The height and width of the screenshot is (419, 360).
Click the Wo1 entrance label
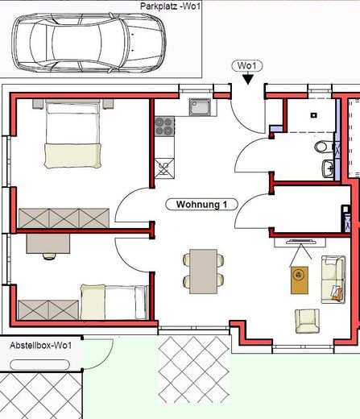pyautogui.click(x=246, y=65)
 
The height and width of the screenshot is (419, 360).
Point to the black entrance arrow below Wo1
pyautogui.click(x=246, y=78)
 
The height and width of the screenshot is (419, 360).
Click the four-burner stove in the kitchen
pyautogui.click(x=164, y=126)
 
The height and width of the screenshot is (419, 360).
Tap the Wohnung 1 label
pyautogui.click(x=201, y=205)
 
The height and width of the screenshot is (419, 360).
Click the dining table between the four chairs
pyautogui.click(x=203, y=270)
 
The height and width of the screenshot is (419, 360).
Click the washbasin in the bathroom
pyautogui.click(x=329, y=168)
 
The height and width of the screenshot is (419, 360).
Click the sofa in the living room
pyautogui.click(x=332, y=279)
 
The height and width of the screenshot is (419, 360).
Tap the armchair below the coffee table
pyautogui.click(x=307, y=320)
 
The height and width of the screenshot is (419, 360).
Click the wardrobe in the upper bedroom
pyautogui.click(x=64, y=217)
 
